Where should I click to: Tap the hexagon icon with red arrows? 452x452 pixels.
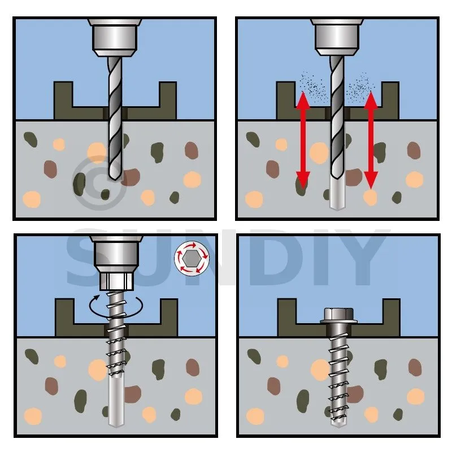192,258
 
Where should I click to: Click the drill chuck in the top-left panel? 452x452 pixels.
115,37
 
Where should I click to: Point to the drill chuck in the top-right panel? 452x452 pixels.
337,37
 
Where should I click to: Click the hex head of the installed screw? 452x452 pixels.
338,316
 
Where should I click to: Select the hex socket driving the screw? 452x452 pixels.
116,281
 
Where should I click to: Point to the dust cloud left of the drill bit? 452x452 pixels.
312,86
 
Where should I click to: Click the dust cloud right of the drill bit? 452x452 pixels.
360,86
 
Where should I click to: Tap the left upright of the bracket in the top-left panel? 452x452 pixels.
63,101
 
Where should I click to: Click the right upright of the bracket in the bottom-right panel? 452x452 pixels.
391,317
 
